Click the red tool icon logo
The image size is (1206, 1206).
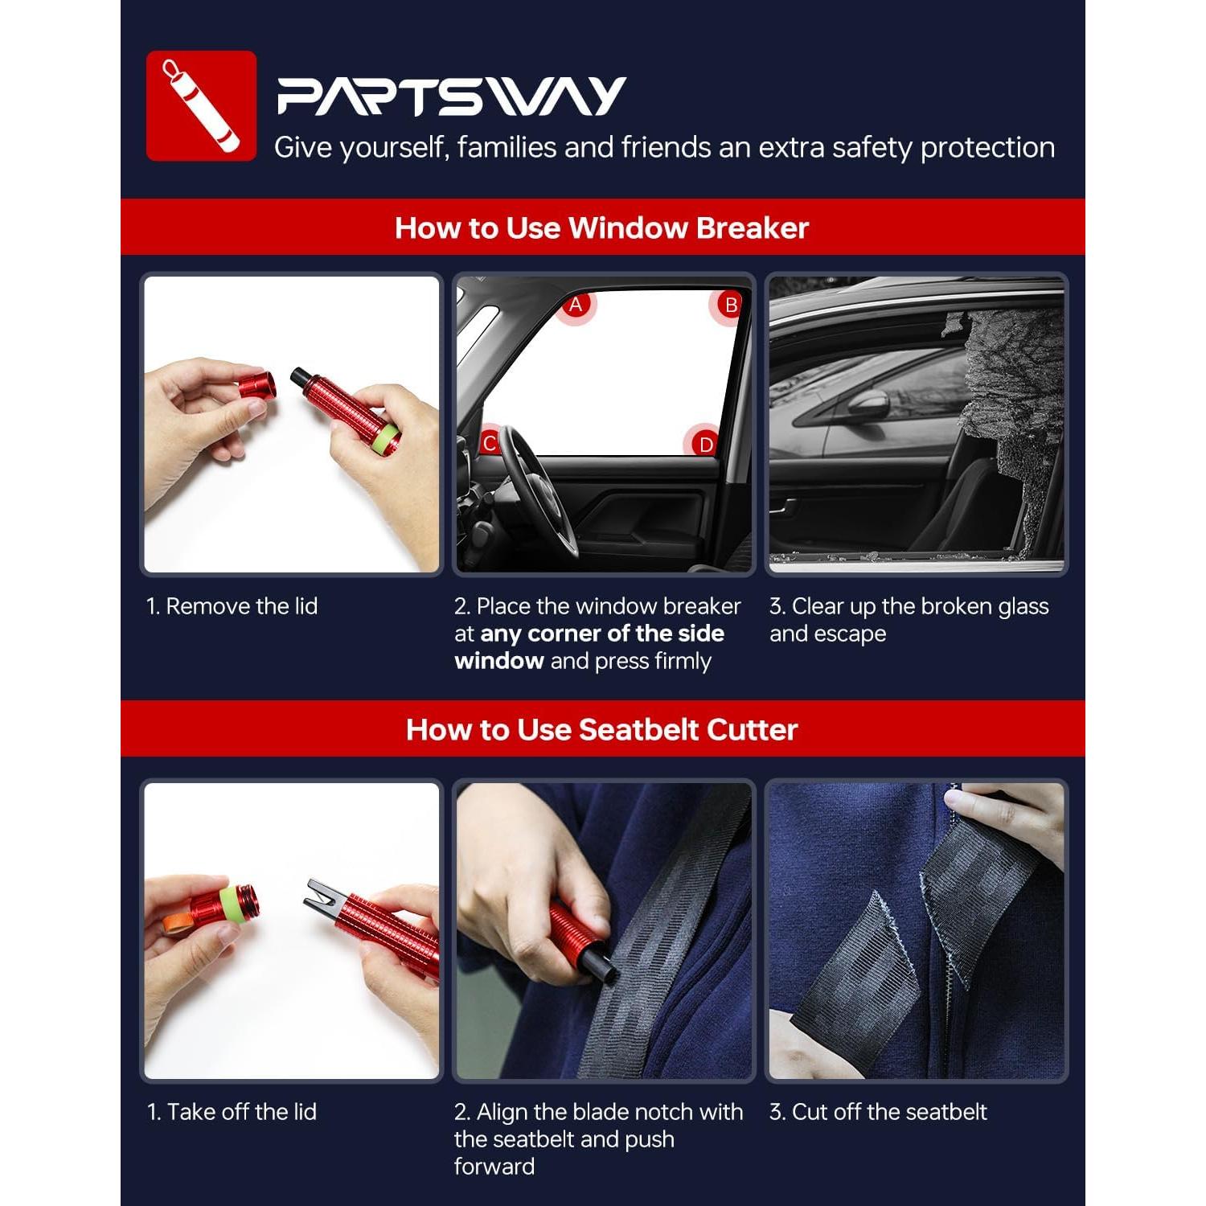201,106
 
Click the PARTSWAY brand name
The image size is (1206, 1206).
451,96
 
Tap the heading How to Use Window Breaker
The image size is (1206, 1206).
601,228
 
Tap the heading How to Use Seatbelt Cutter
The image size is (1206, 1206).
601,729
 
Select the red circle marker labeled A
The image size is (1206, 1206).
576,306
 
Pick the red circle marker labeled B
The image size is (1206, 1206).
730,306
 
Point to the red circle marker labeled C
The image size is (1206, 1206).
489,443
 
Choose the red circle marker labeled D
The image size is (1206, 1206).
704,444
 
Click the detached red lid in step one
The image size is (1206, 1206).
256,386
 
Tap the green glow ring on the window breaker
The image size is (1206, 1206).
390,440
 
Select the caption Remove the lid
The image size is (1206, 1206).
232,606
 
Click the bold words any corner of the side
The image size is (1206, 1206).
601,634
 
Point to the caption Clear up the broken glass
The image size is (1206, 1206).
909,606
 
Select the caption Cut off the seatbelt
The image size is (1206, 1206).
878,1112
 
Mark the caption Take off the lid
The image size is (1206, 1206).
232,1112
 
